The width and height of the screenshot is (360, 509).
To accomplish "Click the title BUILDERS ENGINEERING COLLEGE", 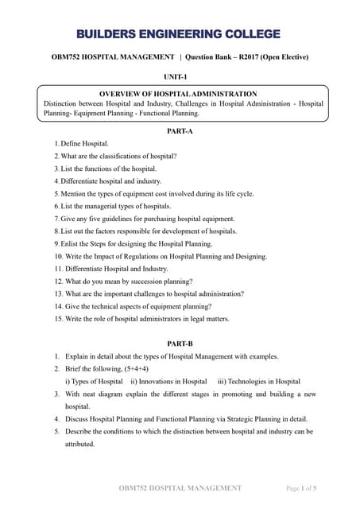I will point(180,34).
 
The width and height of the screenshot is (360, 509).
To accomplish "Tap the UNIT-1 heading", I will point(179,76).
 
